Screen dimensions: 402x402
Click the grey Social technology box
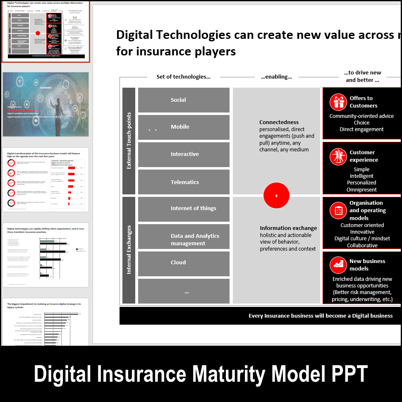[x=184, y=100]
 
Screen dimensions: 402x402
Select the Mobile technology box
[x=184, y=127]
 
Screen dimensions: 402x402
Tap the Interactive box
[x=184, y=154]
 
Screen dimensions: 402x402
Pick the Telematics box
[x=184, y=182]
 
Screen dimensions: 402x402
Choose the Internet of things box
[x=184, y=209]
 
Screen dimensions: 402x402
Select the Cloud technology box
[x=184, y=263]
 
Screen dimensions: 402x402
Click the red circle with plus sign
[x=276, y=196]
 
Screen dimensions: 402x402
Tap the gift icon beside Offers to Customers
[x=338, y=102]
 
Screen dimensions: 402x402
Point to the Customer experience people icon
[x=338, y=156]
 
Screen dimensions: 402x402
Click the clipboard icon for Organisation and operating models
[x=338, y=211]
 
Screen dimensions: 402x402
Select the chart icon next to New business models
[x=338, y=265]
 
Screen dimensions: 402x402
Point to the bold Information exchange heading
[x=288, y=228]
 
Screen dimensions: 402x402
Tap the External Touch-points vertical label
[x=129, y=141]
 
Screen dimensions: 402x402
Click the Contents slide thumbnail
[x=45, y=105]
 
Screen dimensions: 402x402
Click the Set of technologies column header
[x=183, y=77]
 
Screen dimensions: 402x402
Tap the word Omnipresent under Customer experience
[x=361, y=190]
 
